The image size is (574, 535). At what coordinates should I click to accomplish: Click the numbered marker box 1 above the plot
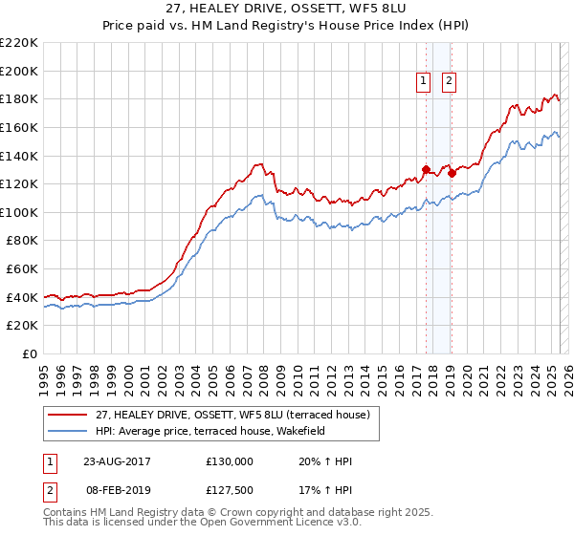[x=423, y=82]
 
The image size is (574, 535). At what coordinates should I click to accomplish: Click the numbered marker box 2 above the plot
[x=449, y=82]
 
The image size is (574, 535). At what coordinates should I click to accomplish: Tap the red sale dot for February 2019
[x=451, y=174]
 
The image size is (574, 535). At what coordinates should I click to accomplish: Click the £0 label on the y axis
[x=29, y=353]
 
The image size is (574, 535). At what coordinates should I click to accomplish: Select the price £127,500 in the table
[x=230, y=490]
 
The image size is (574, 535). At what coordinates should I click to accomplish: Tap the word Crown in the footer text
[x=257, y=512]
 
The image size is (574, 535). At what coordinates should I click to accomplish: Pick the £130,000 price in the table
[x=230, y=461]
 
